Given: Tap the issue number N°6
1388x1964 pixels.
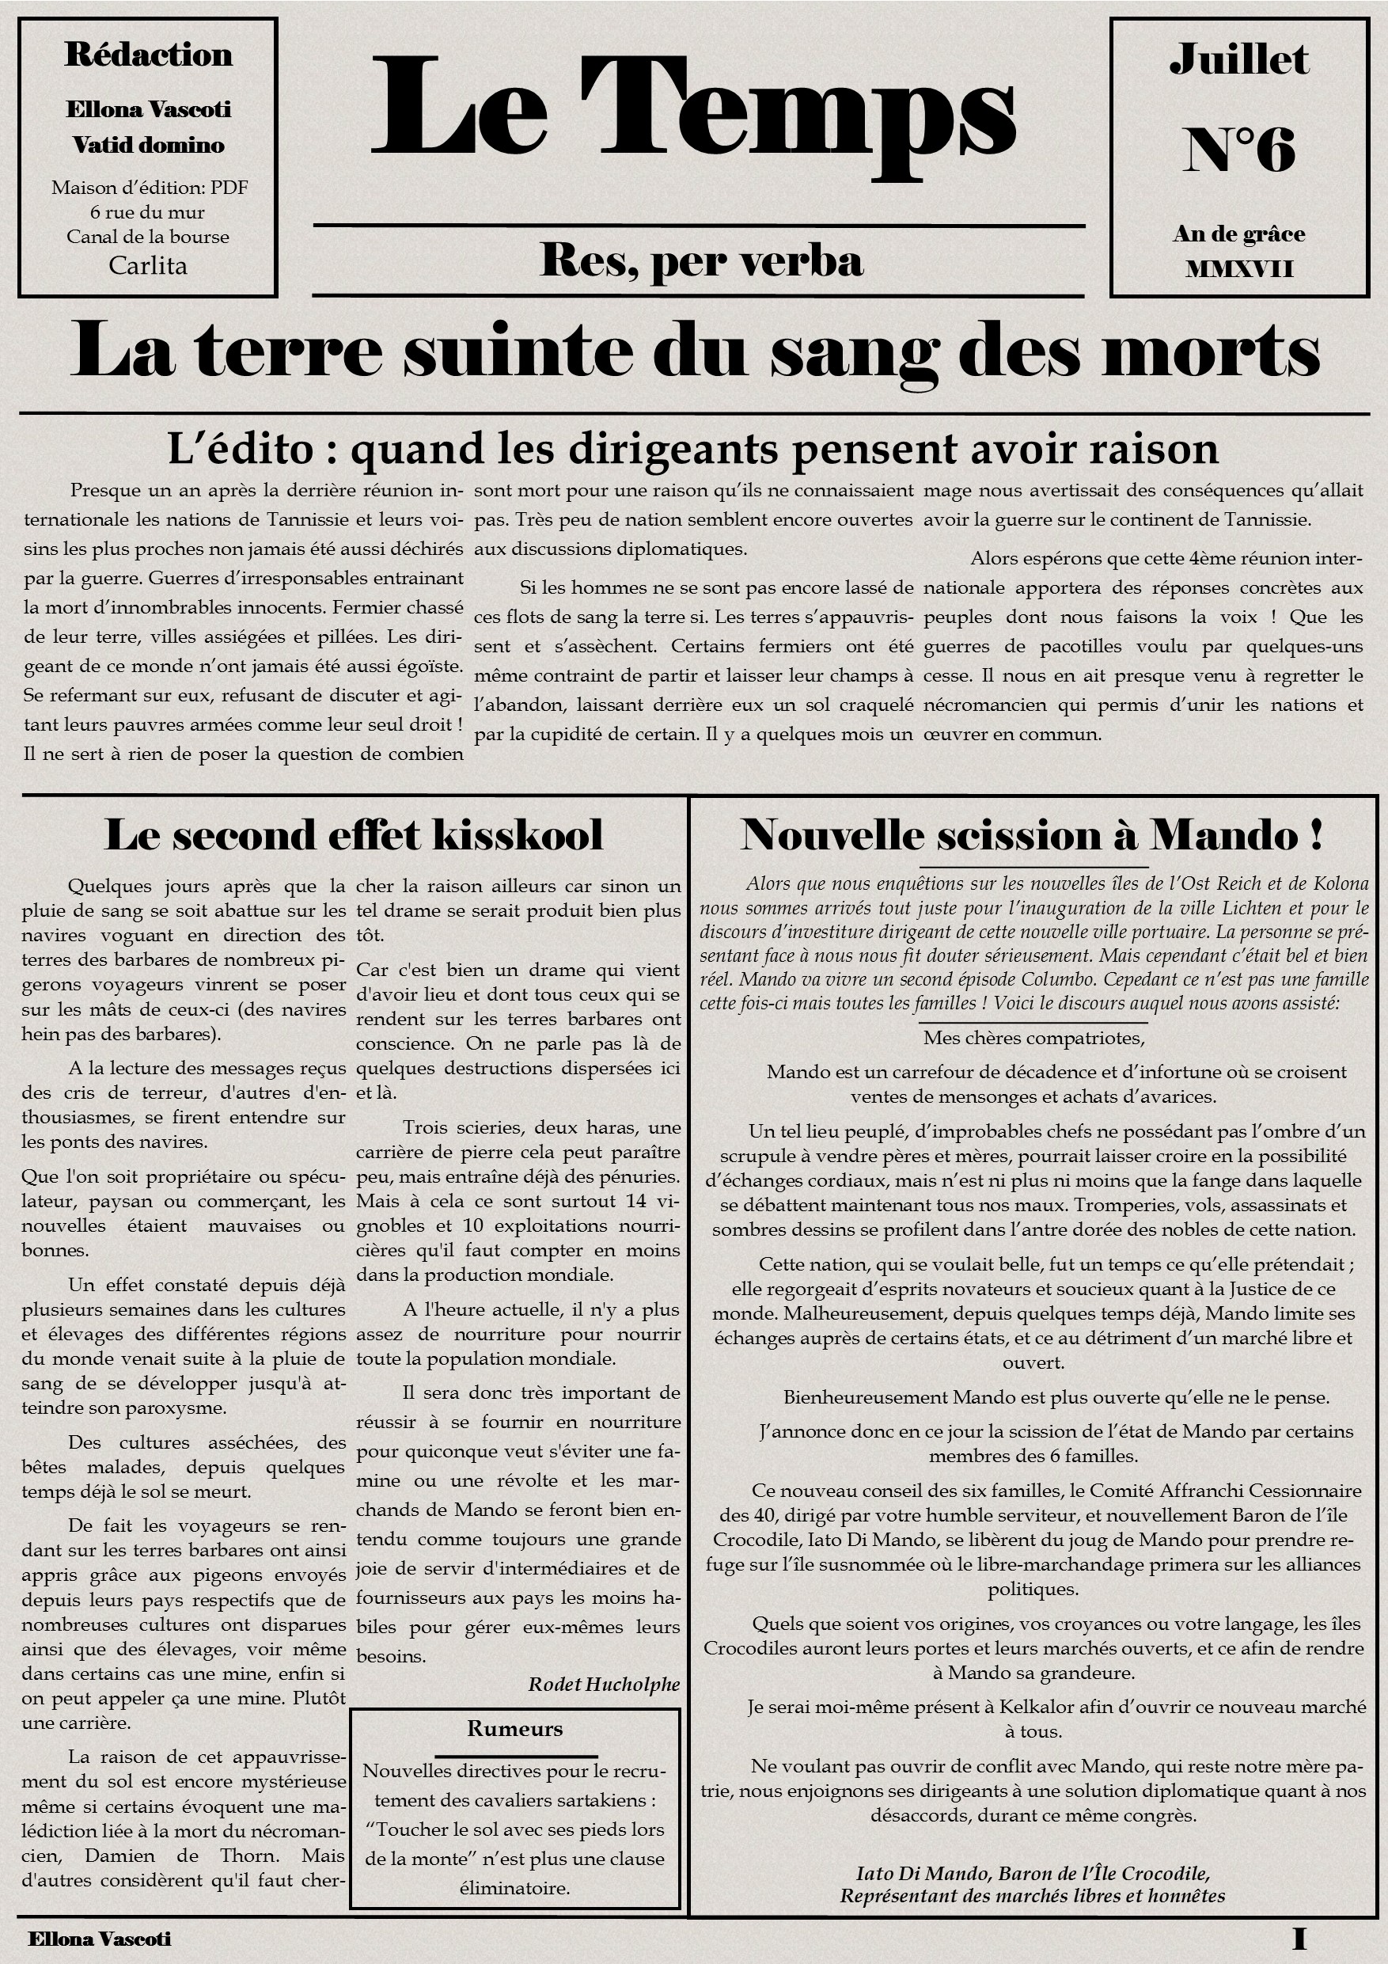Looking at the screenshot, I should pos(1238,150).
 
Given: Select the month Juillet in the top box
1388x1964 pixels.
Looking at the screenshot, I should pos(1238,59).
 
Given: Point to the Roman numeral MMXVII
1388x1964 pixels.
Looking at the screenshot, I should pos(1238,269).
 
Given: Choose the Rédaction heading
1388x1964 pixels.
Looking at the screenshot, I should pos(148,55).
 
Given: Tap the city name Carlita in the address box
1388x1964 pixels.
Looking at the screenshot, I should pos(148,265).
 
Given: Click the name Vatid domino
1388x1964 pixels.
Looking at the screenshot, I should pos(148,145).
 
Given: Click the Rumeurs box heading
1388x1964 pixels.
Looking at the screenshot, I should pos(515,1728).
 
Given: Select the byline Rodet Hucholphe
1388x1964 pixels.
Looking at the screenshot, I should pos(604,1684).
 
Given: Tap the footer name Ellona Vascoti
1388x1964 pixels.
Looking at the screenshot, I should pos(99,1939).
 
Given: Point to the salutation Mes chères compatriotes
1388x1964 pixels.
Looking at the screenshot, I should pos(1033,1038).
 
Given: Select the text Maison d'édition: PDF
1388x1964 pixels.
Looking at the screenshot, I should pos(150,188).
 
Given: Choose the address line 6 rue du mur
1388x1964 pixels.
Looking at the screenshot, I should pos(148,212).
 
